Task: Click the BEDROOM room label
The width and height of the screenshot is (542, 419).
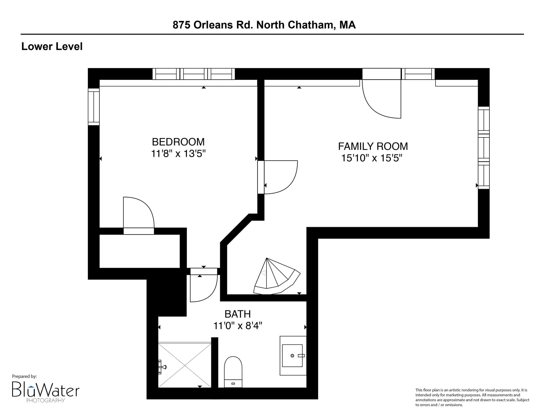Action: pyautogui.click(x=178, y=142)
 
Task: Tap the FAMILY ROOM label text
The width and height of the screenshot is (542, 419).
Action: pyautogui.click(x=373, y=146)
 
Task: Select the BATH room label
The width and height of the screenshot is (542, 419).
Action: pyautogui.click(x=238, y=314)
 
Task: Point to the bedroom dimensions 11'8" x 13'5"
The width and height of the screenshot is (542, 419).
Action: pyautogui.click(x=178, y=154)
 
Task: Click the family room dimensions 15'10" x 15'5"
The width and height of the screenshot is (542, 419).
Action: pyautogui.click(x=372, y=158)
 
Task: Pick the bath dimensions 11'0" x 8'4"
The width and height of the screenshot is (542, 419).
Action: pyautogui.click(x=238, y=326)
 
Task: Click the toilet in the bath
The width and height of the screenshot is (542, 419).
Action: pyautogui.click(x=233, y=372)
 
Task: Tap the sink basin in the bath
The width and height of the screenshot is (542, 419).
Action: pyautogui.click(x=292, y=355)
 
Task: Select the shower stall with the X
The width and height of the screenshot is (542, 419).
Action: pyautogui.click(x=185, y=365)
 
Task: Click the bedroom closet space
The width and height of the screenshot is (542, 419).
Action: pyautogui.click(x=140, y=251)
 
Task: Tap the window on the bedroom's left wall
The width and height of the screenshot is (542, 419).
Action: pyautogui.click(x=94, y=107)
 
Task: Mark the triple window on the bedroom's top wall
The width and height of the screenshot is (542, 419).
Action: pyautogui.click(x=194, y=74)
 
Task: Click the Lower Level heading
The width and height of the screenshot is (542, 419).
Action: pyautogui.click(x=52, y=47)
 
